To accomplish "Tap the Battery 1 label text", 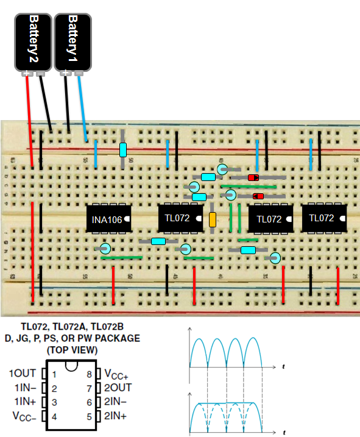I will coord(72,36).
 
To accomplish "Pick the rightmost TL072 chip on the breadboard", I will coord(322,218).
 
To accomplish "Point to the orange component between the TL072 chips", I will coord(213,220).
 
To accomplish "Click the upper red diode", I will coord(253,177).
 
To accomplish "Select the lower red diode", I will coord(258,196).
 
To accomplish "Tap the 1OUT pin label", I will coord(23,374).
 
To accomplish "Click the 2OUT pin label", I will coord(117,388).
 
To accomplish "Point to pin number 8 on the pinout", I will coord(90,374).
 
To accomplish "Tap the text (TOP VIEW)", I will coord(72,350).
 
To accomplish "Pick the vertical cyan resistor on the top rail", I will coord(123,149).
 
